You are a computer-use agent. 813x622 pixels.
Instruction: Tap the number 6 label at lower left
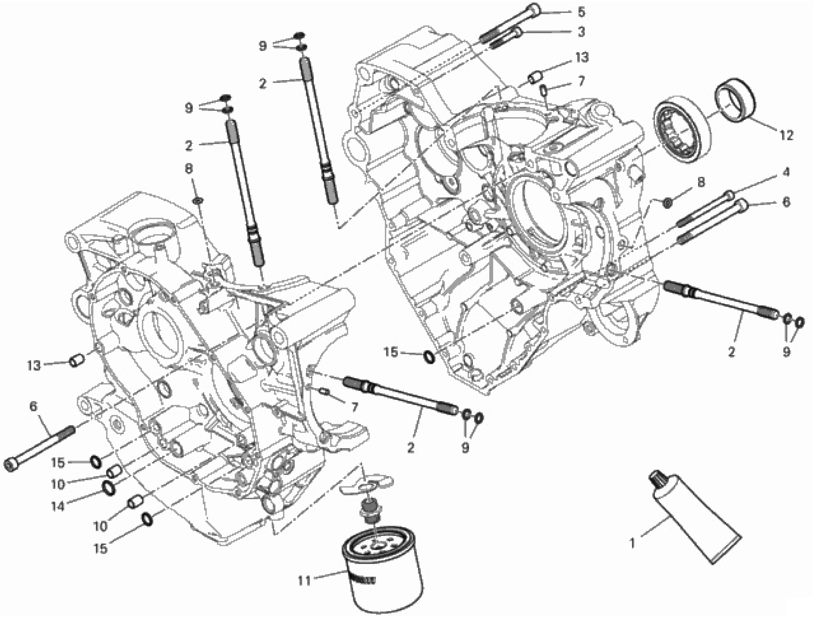point(33,406)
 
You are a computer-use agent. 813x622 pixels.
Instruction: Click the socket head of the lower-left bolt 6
point(11,465)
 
